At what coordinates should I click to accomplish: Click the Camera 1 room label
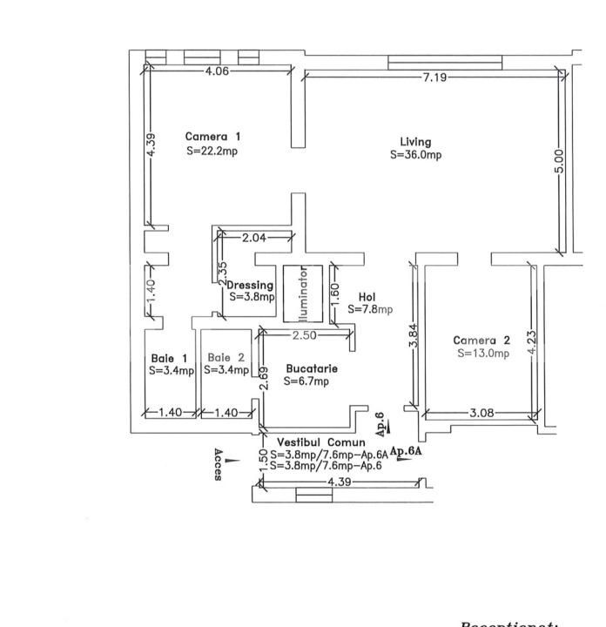pyautogui.click(x=212, y=137)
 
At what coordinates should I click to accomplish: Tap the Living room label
pyautogui.click(x=415, y=142)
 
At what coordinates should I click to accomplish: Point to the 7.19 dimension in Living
pyautogui.click(x=434, y=78)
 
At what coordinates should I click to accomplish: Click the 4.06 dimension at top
pyautogui.click(x=217, y=71)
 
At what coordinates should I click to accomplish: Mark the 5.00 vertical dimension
pyautogui.click(x=559, y=160)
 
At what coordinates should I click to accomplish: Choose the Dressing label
pyautogui.click(x=251, y=285)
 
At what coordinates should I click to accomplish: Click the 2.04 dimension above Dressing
pyautogui.click(x=253, y=238)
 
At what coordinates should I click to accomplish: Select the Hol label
pyautogui.click(x=367, y=296)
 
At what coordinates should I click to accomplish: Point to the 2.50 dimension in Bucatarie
pyautogui.click(x=304, y=335)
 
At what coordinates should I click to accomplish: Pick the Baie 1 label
pyautogui.click(x=169, y=358)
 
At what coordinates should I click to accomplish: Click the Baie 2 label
pyautogui.click(x=227, y=357)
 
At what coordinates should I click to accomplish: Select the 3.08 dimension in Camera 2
pyautogui.click(x=481, y=413)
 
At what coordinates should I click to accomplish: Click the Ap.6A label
pyautogui.click(x=405, y=451)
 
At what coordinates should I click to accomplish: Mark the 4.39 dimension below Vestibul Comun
pyautogui.click(x=339, y=482)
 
